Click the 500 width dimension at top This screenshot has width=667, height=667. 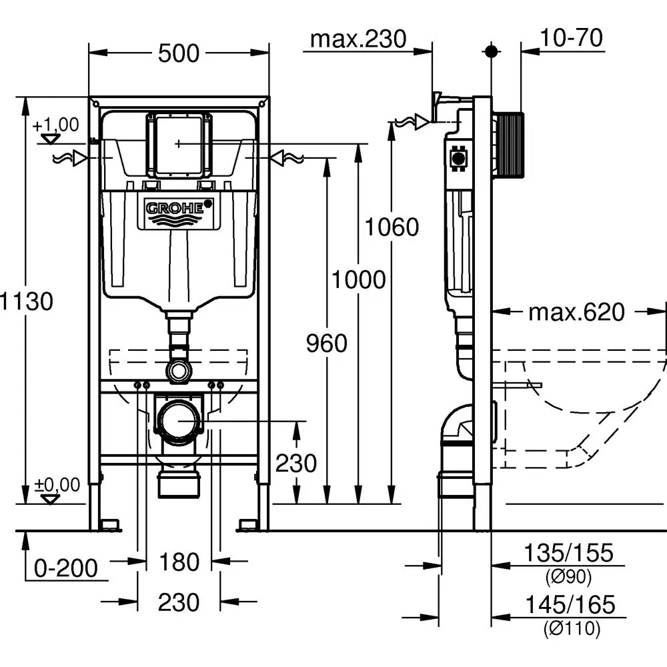[179, 53]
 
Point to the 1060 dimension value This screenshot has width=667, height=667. [392, 227]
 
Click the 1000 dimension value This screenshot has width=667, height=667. [359, 280]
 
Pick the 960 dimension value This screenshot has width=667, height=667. [327, 344]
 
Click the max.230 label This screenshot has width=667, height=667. [358, 39]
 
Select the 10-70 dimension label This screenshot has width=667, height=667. [572, 39]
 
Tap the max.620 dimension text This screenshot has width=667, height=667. [577, 311]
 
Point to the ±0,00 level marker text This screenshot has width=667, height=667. [57, 484]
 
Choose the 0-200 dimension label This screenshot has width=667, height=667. [66, 568]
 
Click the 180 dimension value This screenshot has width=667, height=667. [179, 562]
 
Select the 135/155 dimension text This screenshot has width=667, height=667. [568, 553]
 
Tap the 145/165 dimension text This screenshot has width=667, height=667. [569, 605]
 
